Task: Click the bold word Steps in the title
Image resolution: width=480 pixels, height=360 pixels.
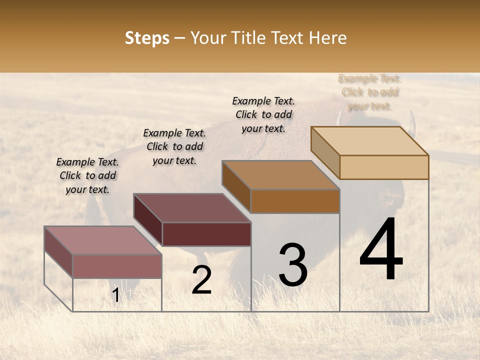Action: (x=147, y=38)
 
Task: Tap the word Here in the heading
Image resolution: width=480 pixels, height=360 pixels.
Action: (x=327, y=38)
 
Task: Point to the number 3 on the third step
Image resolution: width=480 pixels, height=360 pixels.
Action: (x=293, y=265)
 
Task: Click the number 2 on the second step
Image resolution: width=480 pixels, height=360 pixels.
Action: (x=201, y=280)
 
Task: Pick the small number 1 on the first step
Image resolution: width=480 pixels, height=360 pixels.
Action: (x=116, y=295)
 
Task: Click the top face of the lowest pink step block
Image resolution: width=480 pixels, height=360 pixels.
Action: (x=102, y=240)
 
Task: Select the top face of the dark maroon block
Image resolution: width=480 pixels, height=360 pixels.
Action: (x=192, y=208)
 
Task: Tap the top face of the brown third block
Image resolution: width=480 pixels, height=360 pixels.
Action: (x=280, y=175)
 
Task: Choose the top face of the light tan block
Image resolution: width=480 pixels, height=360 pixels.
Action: (x=369, y=141)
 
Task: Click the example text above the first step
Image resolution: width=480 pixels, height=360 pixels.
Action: (x=87, y=175)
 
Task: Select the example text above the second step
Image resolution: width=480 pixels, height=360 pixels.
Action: (x=174, y=146)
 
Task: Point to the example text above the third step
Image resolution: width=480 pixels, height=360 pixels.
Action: (x=263, y=114)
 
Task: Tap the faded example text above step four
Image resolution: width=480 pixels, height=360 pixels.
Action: (x=370, y=92)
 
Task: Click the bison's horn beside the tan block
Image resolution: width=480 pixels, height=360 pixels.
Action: (x=412, y=123)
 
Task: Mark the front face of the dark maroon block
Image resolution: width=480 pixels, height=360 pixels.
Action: (x=206, y=234)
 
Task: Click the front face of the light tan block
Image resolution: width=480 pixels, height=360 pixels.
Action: (x=384, y=167)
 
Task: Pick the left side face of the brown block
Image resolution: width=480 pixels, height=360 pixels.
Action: (x=236, y=186)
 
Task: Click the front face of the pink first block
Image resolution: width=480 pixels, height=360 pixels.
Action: (x=117, y=266)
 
